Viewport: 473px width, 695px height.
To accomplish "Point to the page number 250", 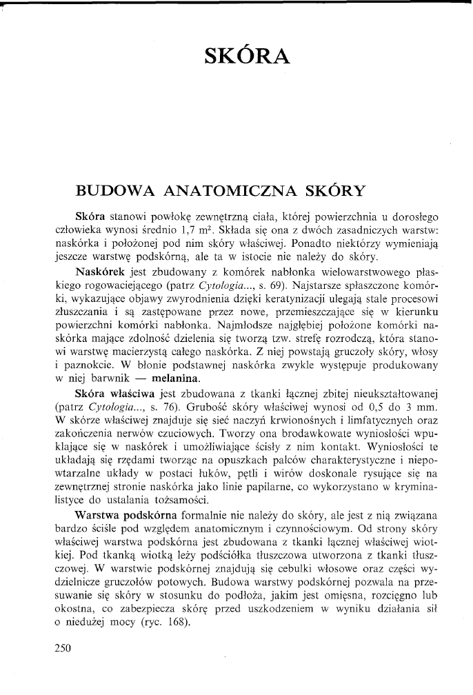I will coord(62,648).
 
